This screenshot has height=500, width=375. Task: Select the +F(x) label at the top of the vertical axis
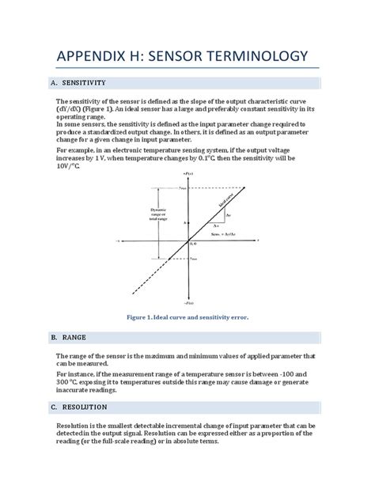187,172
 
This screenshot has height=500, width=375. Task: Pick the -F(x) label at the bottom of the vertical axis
187,302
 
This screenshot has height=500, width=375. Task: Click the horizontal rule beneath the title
187,70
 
